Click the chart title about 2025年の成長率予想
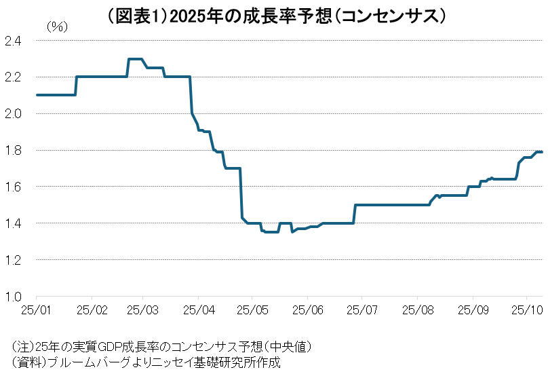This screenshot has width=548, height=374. (274, 14)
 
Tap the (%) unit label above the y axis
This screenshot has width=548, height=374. (57, 27)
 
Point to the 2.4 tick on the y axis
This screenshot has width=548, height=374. (13, 41)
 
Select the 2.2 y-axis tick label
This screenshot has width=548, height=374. (13, 77)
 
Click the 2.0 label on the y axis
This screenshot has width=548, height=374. (13, 113)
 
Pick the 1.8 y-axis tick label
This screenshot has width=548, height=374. (13, 150)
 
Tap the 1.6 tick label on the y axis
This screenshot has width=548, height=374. (13, 187)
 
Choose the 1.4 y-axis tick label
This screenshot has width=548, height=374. (13, 223)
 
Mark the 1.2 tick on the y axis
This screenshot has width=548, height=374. (13, 260)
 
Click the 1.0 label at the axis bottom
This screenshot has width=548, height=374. (13, 297)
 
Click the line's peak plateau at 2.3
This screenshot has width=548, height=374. (135, 59)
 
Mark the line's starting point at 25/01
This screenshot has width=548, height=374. (37, 95)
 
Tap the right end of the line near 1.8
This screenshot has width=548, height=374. (542, 151)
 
